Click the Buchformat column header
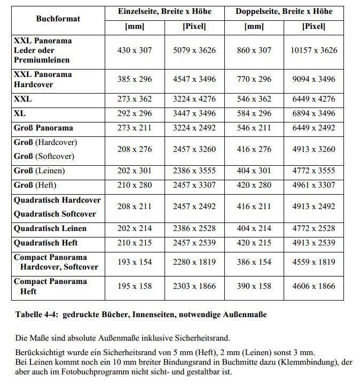(x=58, y=19)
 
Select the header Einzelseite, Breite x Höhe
(x=165, y=11)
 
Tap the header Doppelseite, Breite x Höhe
(x=284, y=11)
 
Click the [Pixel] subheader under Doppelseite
(x=314, y=26)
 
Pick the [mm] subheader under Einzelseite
(x=135, y=26)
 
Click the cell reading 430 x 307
(x=135, y=50)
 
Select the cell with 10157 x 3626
(x=314, y=50)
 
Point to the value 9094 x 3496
(x=314, y=79)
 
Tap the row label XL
(x=20, y=113)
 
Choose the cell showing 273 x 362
(x=135, y=99)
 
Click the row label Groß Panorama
(x=43, y=128)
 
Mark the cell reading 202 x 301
(x=135, y=171)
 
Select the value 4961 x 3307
(x=314, y=185)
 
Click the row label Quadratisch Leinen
(x=50, y=228)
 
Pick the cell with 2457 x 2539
(x=194, y=243)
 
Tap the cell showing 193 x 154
(x=135, y=262)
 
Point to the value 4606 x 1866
(x=314, y=286)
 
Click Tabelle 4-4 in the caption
(x=37, y=315)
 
